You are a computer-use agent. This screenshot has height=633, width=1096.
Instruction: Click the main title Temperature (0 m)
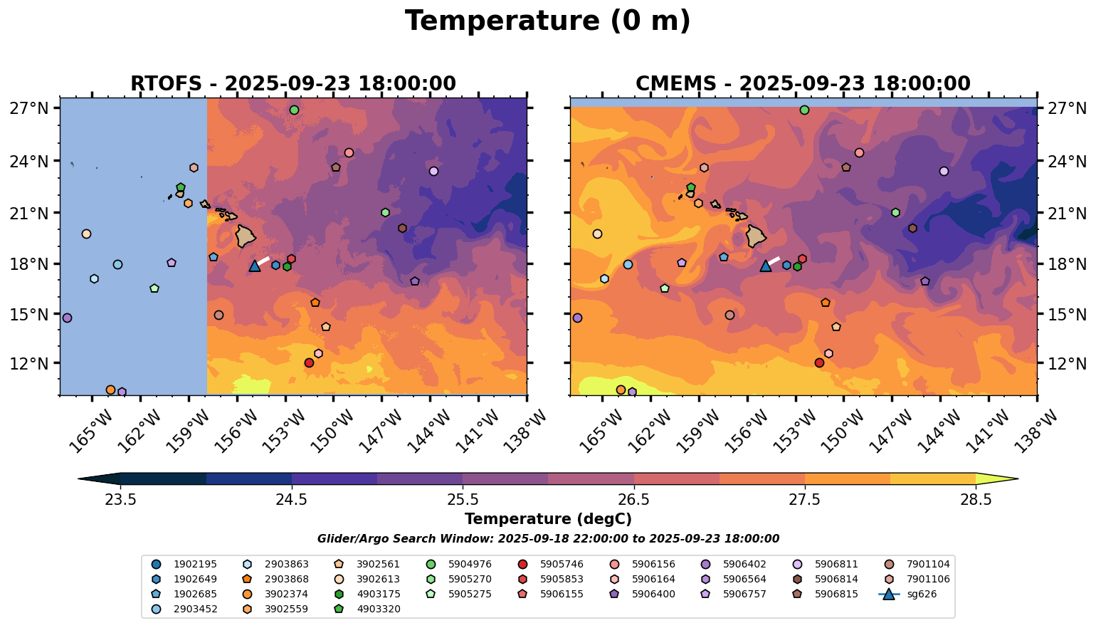pos(547,21)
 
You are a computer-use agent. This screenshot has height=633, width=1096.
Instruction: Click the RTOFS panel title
pos(293,84)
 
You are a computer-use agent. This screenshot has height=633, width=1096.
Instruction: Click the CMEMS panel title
pos(803,84)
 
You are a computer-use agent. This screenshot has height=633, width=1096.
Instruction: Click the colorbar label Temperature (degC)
pos(547,519)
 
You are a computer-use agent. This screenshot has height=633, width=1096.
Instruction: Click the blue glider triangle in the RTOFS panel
pos(255,266)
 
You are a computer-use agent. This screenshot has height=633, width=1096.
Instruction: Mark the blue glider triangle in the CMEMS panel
pos(766,266)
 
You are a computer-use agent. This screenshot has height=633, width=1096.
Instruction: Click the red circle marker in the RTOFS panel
pos(309,362)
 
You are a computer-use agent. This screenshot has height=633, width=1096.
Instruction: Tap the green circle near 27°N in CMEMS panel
pos(804,110)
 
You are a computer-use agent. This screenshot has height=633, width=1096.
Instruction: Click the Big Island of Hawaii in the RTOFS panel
pos(246,236)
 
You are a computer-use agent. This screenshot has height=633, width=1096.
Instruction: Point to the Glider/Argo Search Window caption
pos(547,539)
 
